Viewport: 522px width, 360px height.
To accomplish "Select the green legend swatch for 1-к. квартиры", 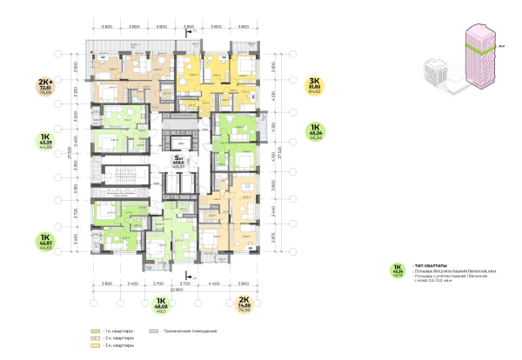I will (x=94, y=332).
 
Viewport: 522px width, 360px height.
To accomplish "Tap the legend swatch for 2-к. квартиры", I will (x=94, y=339).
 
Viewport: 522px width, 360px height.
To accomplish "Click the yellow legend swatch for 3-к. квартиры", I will (x=94, y=346).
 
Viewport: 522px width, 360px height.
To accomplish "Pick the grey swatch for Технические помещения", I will (x=154, y=332).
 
